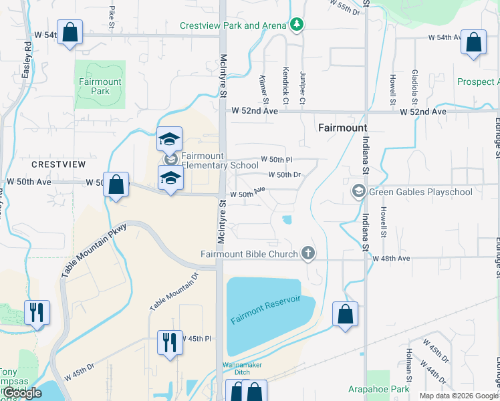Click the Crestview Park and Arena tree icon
[x=297, y=25]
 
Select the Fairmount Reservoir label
[x=265, y=308]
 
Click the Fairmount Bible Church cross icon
[x=307, y=253]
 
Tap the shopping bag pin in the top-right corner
[x=473, y=43]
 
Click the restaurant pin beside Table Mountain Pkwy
[x=37, y=312]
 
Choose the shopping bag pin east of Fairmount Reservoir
[x=345, y=314]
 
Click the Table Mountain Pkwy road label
[x=94, y=251]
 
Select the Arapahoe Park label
[x=378, y=388]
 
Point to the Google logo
[x=22, y=393]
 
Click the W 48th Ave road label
[x=390, y=258]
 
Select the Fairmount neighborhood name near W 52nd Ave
[x=342, y=127]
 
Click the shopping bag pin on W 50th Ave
[x=116, y=184]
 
